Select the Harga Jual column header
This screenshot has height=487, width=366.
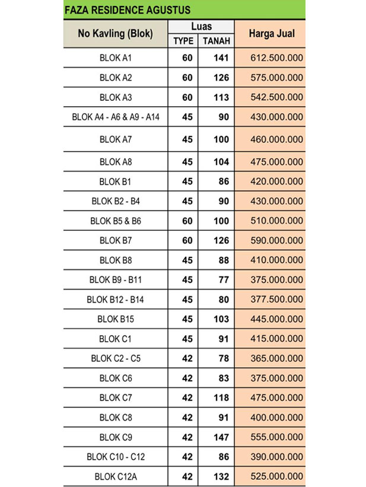tap(270, 33)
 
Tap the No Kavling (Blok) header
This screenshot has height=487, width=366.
tap(116, 33)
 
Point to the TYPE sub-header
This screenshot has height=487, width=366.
tap(183, 40)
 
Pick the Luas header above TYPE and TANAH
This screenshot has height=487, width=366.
tap(201, 27)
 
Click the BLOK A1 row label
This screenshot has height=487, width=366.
tap(116, 58)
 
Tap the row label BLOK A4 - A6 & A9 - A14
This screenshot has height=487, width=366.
tap(116, 117)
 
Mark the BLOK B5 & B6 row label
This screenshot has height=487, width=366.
tap(116, 221)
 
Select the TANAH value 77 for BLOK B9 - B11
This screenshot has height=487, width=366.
tap(223, 279)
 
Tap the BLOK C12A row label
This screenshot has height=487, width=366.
tap(116, 476)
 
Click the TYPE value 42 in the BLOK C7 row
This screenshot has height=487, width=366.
tap(187, 397)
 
